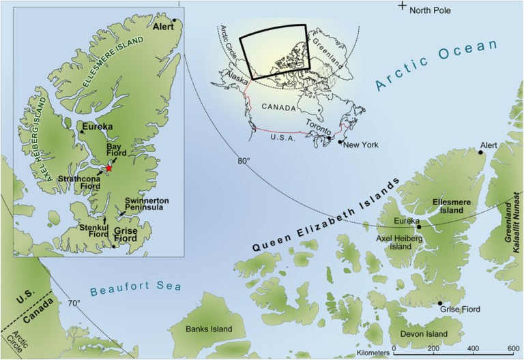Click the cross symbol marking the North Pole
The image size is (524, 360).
[x=403, y=6]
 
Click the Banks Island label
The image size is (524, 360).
[x=209, y=329]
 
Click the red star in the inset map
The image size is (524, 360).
[x=108, y=168]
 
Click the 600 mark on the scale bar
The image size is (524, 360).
[x=511, y=348]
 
